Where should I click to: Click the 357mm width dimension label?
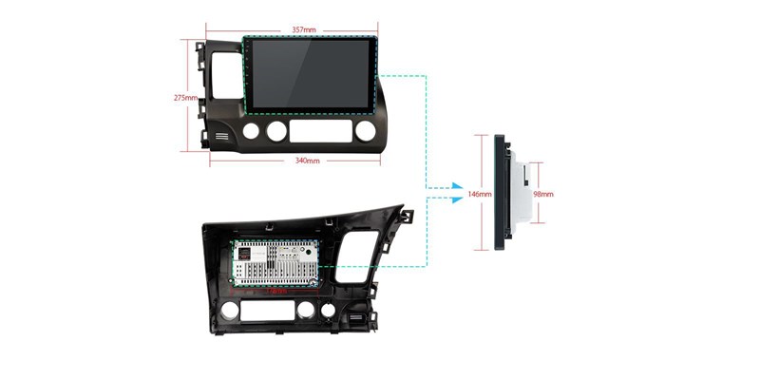(304, 30)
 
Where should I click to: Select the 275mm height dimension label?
(185, 98)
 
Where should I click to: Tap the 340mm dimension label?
(307, 161)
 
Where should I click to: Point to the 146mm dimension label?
(480, 195)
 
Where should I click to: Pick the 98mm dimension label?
(542, 195)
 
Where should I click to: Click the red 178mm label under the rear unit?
(276, 292)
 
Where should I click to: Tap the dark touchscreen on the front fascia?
(311, 75)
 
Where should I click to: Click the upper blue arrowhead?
(457, 186)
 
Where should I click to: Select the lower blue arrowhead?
(457, 199)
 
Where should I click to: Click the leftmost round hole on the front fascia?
(251, 131)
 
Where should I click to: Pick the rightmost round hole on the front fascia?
(366, 131)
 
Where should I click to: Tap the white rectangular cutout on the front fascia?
(321, 131)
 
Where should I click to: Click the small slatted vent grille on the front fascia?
(222, 136)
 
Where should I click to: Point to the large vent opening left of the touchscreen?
(226, 76)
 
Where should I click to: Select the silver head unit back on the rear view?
(275, 263)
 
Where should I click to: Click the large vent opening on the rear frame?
(357, 256)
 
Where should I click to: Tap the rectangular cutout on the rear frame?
(268, 311)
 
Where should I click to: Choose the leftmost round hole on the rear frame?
(230, 311)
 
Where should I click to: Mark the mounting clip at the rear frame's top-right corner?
(407, 217)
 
